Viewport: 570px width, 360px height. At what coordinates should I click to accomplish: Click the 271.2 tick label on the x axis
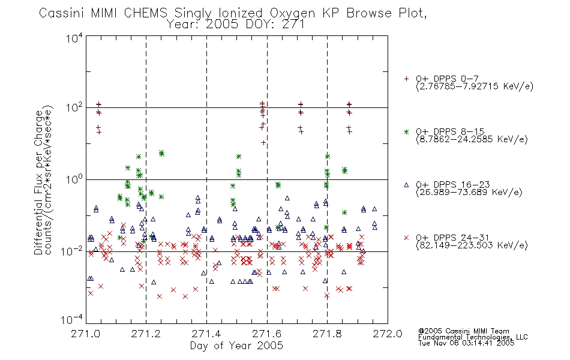(x=146, y=334)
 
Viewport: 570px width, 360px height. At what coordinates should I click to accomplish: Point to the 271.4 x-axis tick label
(x=206, y=334)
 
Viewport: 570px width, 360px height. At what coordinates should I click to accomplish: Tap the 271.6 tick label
(x=267, y=334)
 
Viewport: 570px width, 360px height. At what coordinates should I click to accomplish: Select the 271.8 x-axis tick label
(x=327, y=334)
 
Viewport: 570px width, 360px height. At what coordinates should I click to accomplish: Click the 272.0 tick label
(x=388, y=334)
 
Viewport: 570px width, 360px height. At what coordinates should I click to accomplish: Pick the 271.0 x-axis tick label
(x=85, y=334)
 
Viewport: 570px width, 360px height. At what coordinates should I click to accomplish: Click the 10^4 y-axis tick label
(x=74, y=38)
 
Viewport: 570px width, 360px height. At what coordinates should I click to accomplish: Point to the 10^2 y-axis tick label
(x=74, y=108)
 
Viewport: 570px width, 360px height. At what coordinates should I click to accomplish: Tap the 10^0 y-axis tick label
(x=74, y=179)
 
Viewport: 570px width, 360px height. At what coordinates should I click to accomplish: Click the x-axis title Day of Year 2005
(x=236, y=346)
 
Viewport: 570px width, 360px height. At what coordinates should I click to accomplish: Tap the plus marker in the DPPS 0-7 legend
(x=406, y=79)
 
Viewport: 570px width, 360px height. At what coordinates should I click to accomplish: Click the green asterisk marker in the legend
(x=406, y=131)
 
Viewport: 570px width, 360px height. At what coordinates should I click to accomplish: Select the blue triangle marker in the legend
(x=406, y=185)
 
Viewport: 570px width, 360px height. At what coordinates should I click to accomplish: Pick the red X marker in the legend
(x=406, y=238)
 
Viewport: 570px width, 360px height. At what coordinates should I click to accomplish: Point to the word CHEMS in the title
(x=145, y=13)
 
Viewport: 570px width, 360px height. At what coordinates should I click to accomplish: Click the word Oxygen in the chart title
(x=292, y=14)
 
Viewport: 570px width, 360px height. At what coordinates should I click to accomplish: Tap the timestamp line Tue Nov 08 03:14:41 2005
(x=466, y=343)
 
